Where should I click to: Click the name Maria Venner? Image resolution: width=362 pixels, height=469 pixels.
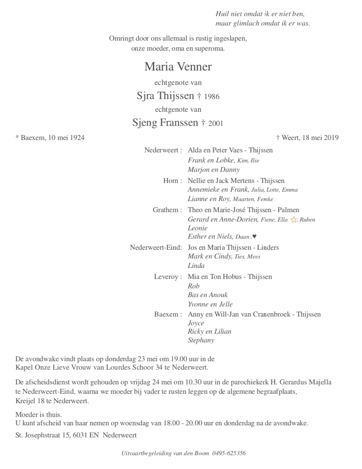[x=178, y=66]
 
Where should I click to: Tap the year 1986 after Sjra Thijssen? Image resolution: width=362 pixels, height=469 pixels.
[x=212, y=97]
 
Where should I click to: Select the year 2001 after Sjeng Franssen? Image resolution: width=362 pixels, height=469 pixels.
[x=215, y=124]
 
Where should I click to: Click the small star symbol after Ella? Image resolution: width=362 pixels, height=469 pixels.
[x=294, y=220]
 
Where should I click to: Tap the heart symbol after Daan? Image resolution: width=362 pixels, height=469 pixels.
[x=254, y=237]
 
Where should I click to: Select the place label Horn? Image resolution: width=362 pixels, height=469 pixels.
[x=171, y=181]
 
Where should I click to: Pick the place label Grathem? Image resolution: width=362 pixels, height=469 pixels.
[x=166, y=210]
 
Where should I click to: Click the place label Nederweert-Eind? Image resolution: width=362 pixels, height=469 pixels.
[x=156, y=248]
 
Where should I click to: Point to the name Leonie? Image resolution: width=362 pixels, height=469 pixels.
[x=198, y=228]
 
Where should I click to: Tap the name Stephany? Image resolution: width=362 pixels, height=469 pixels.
[x=201, y=340]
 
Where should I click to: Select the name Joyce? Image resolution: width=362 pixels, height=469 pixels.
[x=196, y=323]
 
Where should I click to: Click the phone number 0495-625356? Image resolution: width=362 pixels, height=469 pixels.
[x=229, y=453]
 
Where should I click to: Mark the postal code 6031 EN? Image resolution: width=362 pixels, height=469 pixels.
[x=86, y=435]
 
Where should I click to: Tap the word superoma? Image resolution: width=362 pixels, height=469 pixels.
[x=210, y=48]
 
